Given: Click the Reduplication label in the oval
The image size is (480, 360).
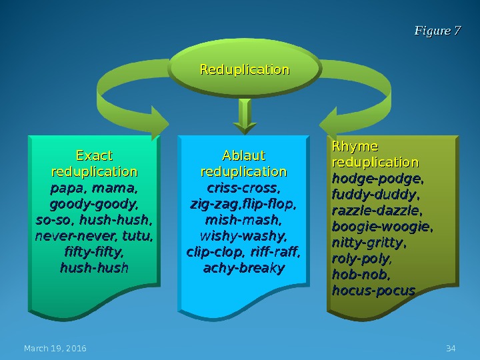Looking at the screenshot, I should coord(245,70).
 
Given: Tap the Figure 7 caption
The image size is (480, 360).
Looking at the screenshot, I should coord(437,31).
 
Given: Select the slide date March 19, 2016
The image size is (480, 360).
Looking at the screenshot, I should coord(55,349).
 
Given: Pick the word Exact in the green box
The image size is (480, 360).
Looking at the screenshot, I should coord(94,156).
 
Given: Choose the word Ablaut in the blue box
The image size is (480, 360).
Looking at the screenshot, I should coord(243,156).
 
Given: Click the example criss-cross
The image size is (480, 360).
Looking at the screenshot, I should coord(243,188).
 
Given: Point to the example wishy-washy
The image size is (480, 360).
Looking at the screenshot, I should coord(243,236).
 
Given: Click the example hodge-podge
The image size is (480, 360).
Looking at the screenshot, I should coord(377,179).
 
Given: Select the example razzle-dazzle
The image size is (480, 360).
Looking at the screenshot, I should coord(377,211).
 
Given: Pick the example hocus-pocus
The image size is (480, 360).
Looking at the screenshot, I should coord(373,291).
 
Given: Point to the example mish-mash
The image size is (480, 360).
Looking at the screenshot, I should coord(243,220).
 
